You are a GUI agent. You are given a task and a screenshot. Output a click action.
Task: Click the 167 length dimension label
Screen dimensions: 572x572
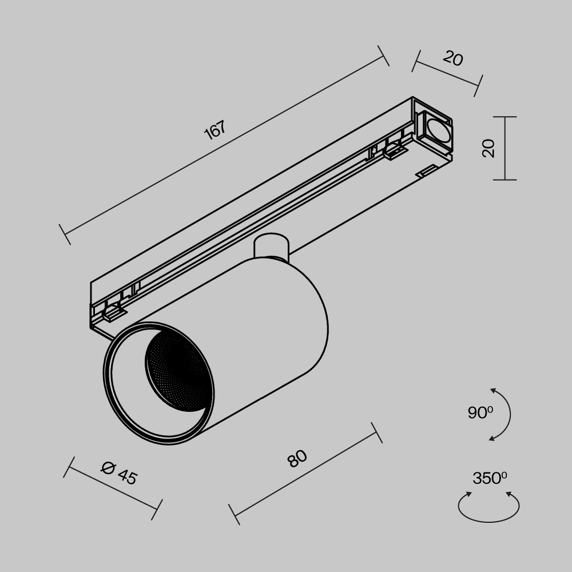click(215, 130)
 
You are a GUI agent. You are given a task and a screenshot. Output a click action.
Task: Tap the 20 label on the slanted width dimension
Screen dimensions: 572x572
click(452, 58)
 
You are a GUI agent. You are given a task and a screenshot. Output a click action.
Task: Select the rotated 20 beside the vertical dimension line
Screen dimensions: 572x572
click(488, 148)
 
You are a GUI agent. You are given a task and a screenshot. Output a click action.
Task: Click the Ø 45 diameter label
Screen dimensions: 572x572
click(119, 472)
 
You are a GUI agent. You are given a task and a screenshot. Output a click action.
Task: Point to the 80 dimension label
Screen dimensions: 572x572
click(297, 458)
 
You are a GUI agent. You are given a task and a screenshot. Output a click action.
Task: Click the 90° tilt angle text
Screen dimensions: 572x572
click(480, 412)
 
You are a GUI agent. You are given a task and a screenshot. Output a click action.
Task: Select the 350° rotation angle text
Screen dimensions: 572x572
click(489, 478)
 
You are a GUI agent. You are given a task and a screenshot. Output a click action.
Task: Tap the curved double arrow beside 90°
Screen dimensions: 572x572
click(506, 414)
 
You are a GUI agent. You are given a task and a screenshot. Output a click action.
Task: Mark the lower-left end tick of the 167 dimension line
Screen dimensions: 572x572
click(65, 235)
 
